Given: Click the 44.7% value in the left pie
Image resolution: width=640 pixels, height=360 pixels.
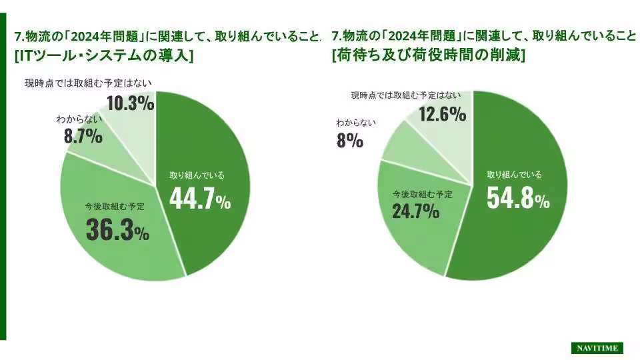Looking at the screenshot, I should coord(199,198).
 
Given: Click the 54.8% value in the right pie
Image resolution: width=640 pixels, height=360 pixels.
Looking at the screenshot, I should coord(518,197).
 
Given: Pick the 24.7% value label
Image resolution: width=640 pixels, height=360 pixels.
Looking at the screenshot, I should coord(415,211).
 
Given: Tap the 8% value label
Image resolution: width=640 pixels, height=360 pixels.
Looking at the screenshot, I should coord(349,140).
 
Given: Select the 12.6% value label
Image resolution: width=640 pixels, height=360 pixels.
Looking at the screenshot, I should coord(442,114).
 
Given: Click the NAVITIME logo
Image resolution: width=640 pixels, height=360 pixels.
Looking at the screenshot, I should coord(597,348).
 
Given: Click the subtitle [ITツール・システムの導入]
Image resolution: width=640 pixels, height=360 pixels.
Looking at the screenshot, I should coord(104,56).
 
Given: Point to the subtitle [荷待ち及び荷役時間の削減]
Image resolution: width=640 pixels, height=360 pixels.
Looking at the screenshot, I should coord(428,56).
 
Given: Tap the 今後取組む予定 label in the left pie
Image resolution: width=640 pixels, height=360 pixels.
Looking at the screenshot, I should coord(115,206).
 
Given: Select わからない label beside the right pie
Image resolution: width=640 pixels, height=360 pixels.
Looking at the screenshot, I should coord(356,123).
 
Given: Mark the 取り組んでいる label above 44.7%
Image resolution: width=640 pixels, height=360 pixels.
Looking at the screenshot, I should coord(197,175).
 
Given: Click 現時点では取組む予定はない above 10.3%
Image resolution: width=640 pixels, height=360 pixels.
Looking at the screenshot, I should coord(89,83).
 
